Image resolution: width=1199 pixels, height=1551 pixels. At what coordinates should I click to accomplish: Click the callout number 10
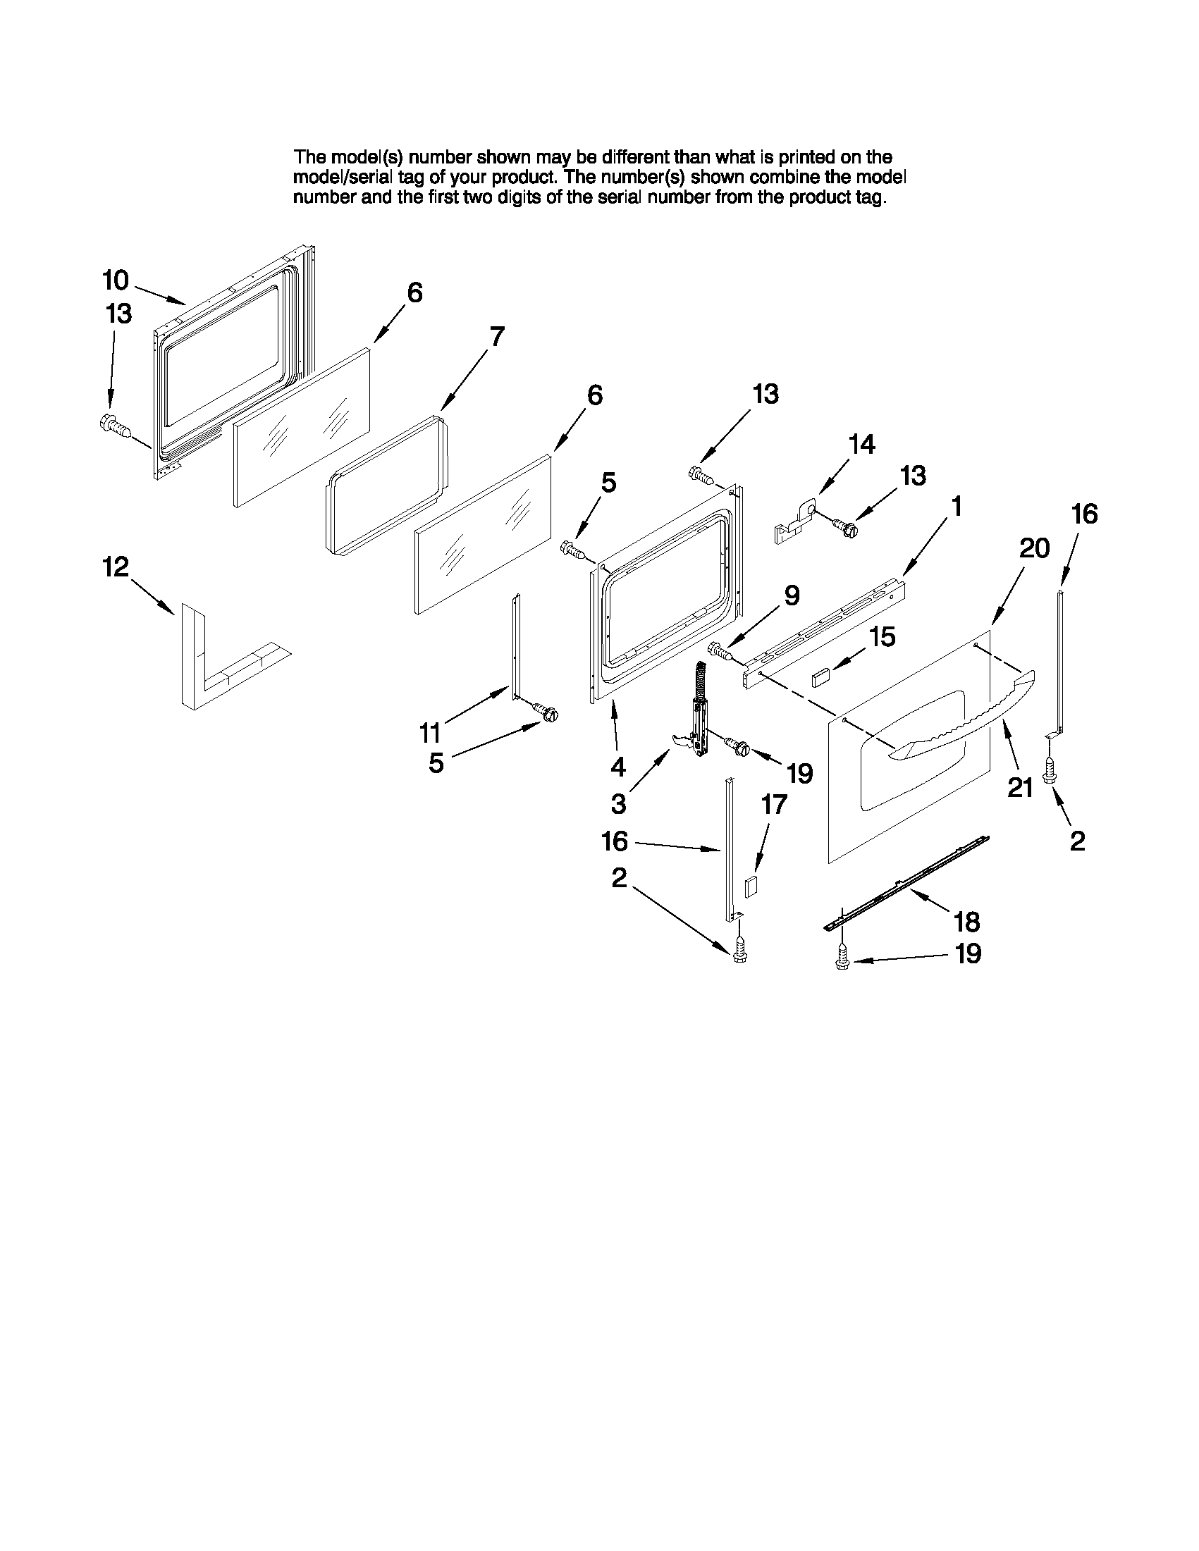pos(116,280)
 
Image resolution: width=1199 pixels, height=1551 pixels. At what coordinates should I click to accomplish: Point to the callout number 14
pos(861,445)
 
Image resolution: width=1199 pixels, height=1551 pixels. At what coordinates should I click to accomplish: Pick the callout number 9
pos(792,595)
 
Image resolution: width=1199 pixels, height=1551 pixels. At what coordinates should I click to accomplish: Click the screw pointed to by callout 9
pos(721,650)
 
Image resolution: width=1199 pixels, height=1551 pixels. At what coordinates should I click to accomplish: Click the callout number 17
pos(774,804)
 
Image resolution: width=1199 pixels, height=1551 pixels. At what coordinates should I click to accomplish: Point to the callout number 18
pos(967,922)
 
